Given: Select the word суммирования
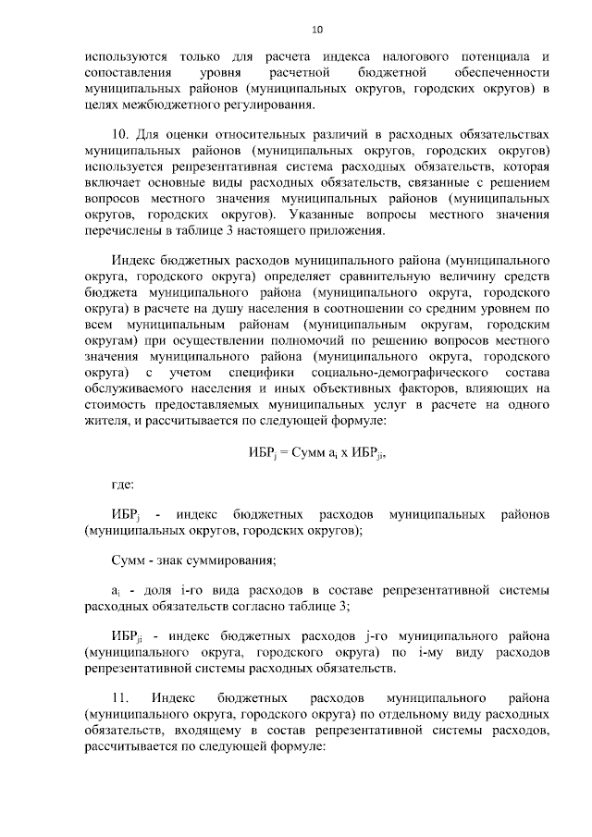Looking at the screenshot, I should [x=233, y=559].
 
